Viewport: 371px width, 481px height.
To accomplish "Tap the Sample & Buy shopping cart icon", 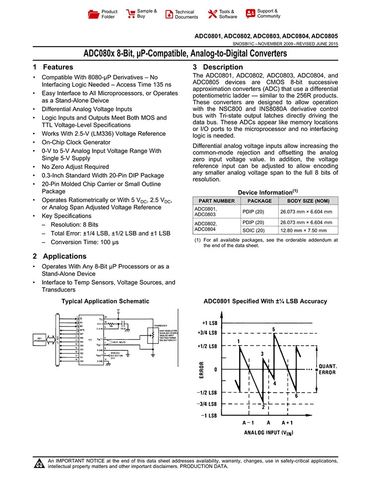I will (x=131, y=14).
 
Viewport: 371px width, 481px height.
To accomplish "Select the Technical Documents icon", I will (x=169, y=14).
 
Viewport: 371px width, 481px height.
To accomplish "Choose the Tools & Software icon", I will (x=213, y=14).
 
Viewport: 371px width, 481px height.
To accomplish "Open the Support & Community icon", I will (x=250, y=13).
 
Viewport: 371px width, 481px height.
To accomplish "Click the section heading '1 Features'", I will (x=53, y=67).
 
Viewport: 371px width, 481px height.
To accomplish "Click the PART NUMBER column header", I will (x=217, y=201).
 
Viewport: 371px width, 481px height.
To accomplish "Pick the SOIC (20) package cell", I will (x=253, y=231).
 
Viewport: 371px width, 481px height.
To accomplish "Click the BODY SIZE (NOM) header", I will (x=309, y=201).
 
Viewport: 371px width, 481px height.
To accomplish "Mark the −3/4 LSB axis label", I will (x=206, y=404).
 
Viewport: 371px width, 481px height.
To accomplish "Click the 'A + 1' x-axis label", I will (x=288, y=422).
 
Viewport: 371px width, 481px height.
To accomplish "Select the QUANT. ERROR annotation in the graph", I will (x=327, y=369).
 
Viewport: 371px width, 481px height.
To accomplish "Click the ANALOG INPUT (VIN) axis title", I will (x=268, y=433).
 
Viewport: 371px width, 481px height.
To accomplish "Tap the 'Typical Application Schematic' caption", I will (x=105, y=301).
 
